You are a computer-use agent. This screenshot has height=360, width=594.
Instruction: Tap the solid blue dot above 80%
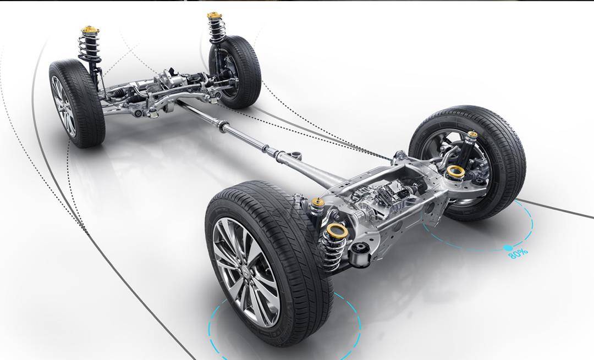(508, 248)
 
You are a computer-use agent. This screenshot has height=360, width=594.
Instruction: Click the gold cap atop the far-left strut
(90, 30)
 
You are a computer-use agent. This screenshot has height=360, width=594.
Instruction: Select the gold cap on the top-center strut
(215, 15)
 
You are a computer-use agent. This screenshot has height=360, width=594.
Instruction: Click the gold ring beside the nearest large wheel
(337, 229)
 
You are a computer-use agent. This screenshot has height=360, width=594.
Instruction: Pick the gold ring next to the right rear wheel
(456, 171)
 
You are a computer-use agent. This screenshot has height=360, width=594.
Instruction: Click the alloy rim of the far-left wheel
(64, 106)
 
